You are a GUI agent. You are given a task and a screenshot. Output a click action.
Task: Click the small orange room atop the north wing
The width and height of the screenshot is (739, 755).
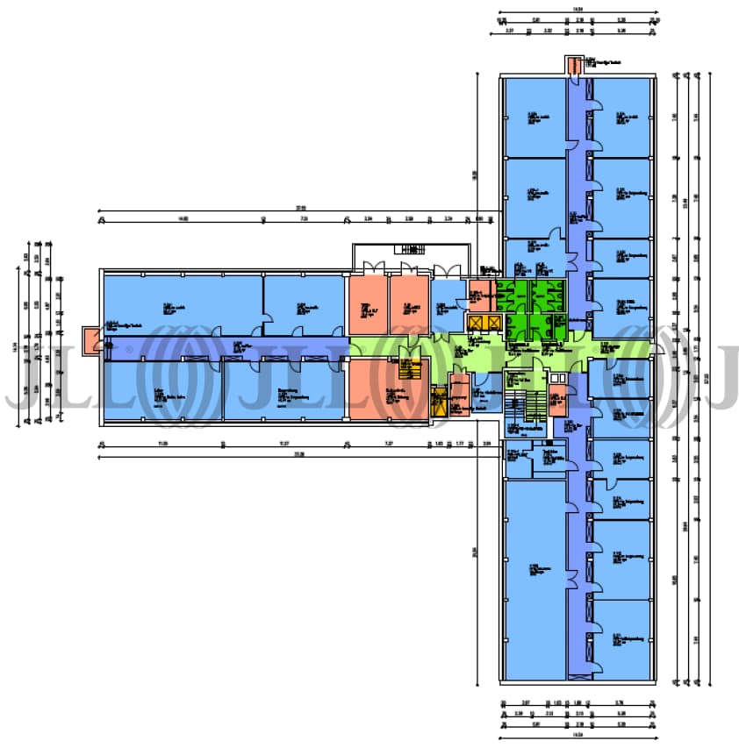[x=573, y=66]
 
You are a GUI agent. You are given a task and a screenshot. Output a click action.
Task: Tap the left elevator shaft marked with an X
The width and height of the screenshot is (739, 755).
[x=478, y=324]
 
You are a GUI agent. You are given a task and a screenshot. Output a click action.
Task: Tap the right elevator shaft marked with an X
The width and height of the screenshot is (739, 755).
[x=495, y=324]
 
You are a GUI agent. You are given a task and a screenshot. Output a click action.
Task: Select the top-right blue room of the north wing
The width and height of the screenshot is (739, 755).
[x=622, y=118]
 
